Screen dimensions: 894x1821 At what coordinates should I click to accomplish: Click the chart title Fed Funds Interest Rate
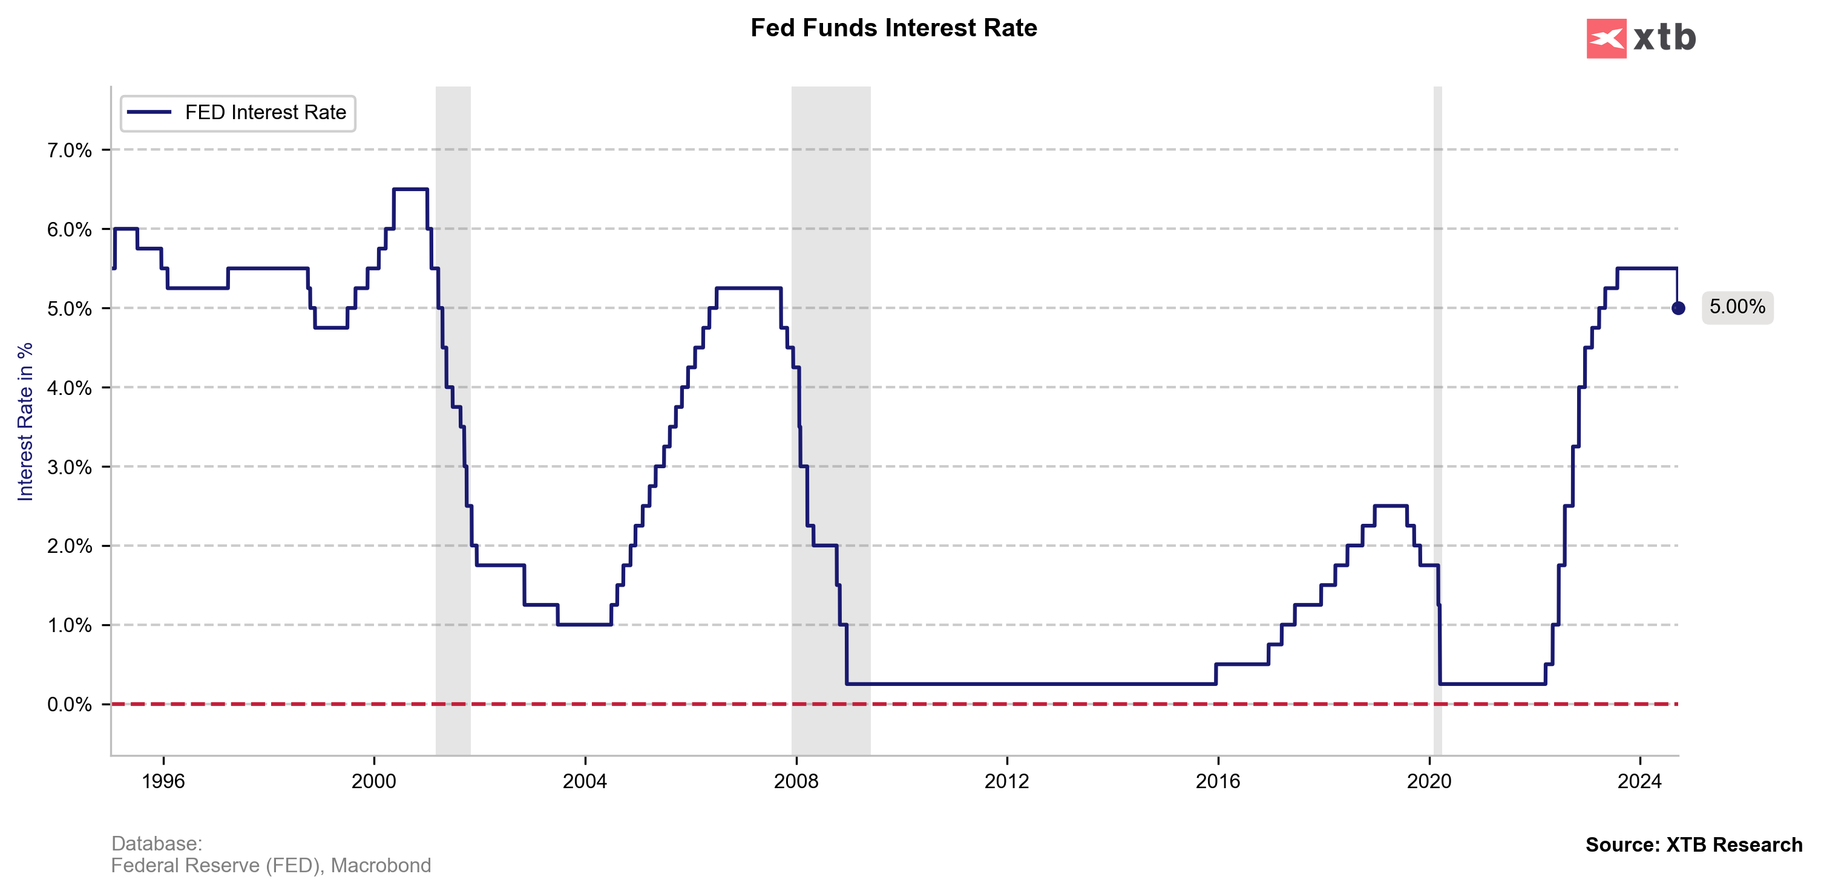coord(893,28)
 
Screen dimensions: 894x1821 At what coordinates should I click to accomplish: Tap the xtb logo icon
coord(1606,38)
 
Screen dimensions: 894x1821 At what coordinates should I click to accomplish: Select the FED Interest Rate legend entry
coord(238,113)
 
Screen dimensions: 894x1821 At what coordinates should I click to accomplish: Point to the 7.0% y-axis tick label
coord(69,151)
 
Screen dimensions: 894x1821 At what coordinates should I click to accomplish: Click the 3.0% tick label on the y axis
coord(69,467)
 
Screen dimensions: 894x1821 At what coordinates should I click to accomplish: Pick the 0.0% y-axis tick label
coord(69,705)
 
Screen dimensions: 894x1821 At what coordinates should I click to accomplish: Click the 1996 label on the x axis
coord(163,781)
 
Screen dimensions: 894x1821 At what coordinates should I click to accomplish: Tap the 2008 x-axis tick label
coord(796,781)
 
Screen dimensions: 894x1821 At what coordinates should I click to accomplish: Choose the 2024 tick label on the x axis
coord(1639,781)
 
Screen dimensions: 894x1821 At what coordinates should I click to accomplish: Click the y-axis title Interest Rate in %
coord(25,422)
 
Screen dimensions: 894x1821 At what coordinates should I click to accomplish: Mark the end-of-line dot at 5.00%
coord(1678,308)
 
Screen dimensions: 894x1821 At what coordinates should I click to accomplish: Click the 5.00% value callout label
coord(1737,307)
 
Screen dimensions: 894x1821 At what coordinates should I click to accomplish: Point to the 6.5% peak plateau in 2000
coord(410,189)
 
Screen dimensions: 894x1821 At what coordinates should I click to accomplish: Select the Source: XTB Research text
coord(1694,844)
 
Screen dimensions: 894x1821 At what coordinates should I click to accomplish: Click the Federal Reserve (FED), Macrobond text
coord(271,866)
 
